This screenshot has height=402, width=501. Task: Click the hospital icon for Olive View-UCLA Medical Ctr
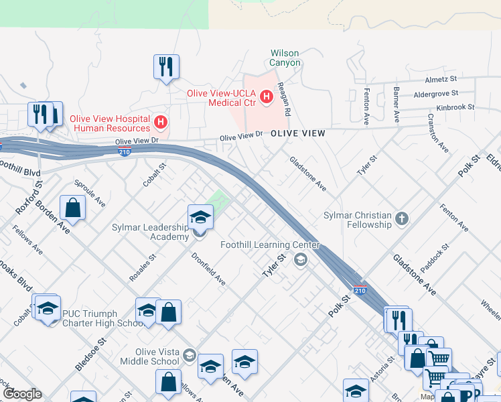[267, 97]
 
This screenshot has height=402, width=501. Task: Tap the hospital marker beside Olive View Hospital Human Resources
[160, 123]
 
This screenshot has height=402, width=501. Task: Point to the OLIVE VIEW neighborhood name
[298, 134]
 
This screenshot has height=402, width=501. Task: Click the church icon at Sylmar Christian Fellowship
[401, 218]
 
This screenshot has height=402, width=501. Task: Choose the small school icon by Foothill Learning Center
[301, 259]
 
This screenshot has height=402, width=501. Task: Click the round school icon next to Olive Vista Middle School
[190, 356]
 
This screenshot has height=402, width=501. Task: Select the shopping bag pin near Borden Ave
[72, 208]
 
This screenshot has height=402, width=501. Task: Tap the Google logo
[23, 394]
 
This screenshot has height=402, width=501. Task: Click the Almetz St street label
[441, 79]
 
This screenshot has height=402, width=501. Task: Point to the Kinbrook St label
[455, 107]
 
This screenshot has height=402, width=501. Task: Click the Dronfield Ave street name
[208, 268]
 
